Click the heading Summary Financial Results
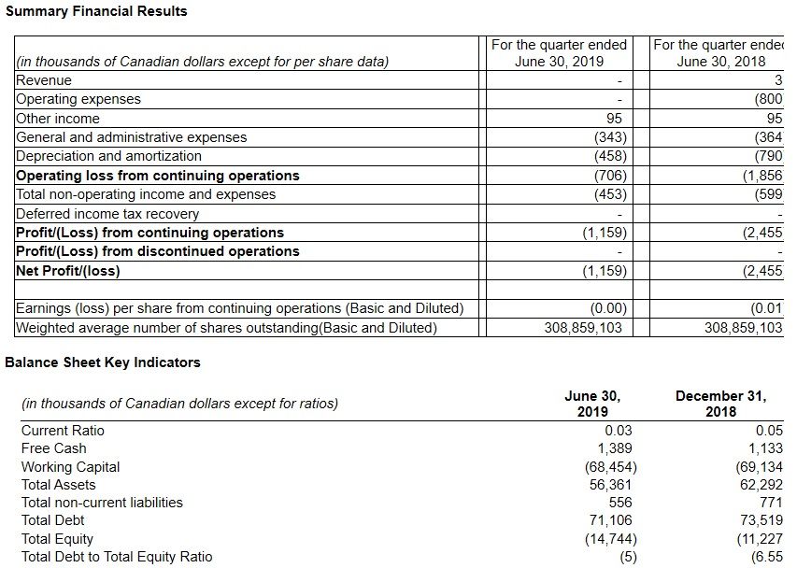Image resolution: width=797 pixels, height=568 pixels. (96, 11)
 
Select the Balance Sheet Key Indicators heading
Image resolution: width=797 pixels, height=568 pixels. (103, 362)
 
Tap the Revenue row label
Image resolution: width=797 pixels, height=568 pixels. (44, 80)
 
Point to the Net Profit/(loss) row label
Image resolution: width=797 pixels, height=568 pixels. (68, 271)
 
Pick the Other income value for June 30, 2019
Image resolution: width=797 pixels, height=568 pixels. (614, 119)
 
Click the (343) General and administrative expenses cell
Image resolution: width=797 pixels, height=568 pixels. (610, 137)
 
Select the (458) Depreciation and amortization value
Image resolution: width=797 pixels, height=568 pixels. (610, 156)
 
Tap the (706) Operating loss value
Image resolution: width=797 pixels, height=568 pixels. (610, 176)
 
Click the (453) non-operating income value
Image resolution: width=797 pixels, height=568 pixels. (610, 194)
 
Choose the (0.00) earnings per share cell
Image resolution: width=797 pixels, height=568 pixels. (608, 308)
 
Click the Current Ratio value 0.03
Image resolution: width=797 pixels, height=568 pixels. (618, 431)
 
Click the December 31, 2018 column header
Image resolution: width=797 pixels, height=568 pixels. (720, 403)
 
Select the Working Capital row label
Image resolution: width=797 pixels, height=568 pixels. (70, 467)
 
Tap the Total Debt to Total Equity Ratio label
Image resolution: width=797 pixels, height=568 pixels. (117, 557)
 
